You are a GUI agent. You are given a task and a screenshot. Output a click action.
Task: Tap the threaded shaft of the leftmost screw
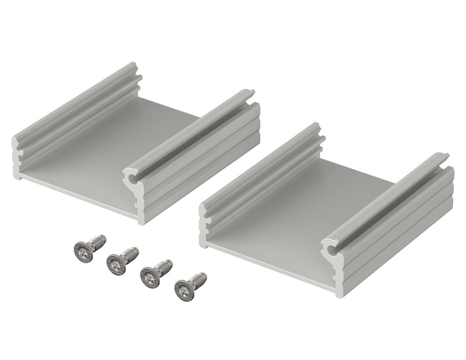[98, 241]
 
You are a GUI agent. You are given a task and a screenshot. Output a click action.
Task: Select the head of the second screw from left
[117, 263]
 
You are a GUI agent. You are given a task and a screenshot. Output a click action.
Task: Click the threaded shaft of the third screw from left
[165, 266]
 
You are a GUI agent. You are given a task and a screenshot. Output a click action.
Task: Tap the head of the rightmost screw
[184, 290]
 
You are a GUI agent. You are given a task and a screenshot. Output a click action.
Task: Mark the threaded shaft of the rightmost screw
[199, 279]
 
